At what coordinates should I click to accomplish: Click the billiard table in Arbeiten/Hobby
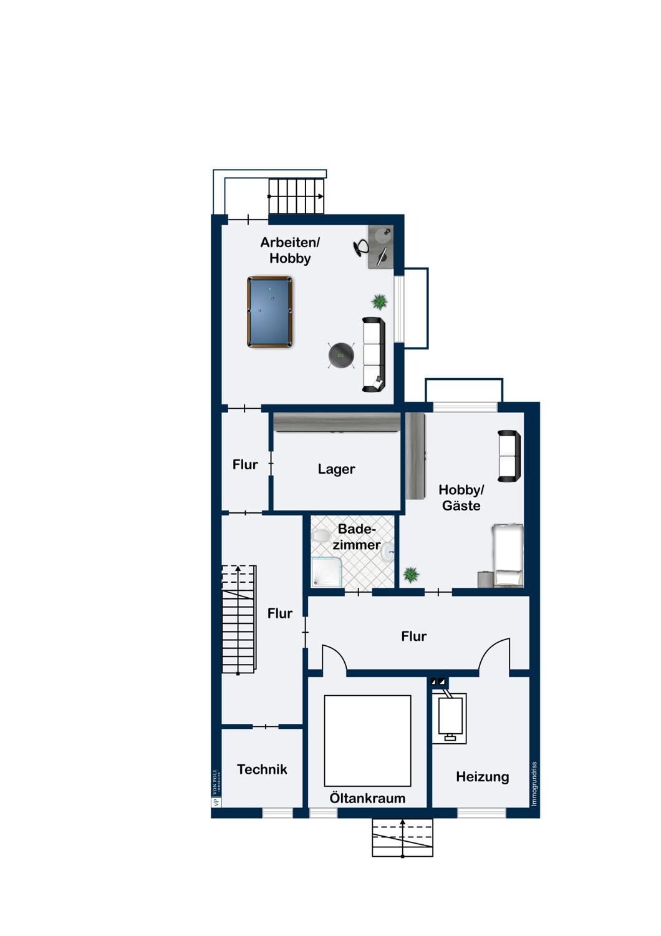[269, 311]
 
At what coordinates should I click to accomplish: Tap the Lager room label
[336, 469]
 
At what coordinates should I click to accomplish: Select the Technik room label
[262, 769]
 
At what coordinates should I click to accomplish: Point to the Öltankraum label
[367, 798]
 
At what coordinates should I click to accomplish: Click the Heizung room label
[482, 777]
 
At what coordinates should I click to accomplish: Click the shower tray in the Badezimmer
[327, 571]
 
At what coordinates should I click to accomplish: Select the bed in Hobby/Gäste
[508, 555]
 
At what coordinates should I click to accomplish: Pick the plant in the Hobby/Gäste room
[411, 575]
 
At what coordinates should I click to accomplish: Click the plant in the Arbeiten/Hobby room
[379, 301]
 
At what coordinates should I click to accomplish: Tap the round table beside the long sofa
[341, 356]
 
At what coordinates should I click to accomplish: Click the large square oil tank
[367, 741]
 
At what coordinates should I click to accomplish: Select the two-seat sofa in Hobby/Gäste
[509, 456]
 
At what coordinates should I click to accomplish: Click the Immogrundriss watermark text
[534, 784]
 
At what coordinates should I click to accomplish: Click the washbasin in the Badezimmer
[387, 551]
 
